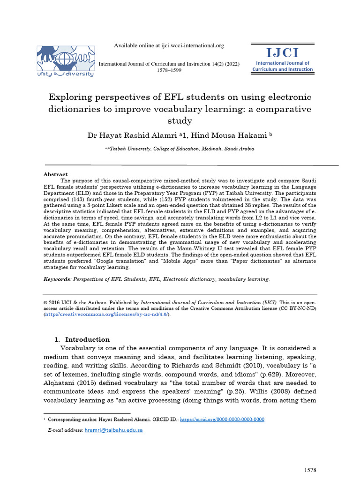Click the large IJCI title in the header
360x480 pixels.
[x=282, y=52]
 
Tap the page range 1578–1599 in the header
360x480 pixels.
[x=169, y=70]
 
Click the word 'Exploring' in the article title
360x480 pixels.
[x=70, y=97]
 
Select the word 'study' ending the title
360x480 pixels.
[x=180, y=120]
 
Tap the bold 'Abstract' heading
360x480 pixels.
[x=55, y=174]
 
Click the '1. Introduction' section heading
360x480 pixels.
[x=82, y=339]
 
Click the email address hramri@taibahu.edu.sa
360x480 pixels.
[x=113, y=429]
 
